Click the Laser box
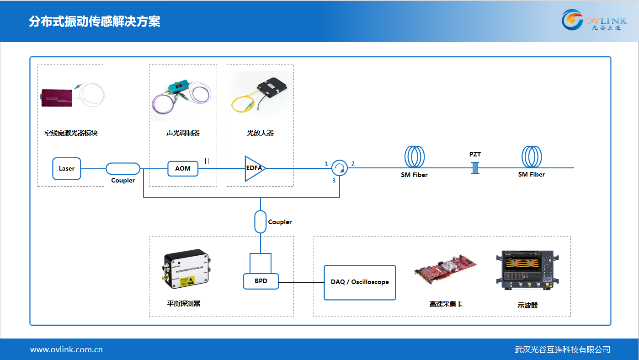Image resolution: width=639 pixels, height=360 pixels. [66, 168]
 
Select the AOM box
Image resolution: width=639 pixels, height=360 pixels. [183, 168]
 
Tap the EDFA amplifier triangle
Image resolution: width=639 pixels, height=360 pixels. [254, 168]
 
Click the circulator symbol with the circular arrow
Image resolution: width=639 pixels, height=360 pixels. [340, 168]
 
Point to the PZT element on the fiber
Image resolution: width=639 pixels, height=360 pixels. [475, 167]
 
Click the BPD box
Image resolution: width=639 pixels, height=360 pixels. [261, 281]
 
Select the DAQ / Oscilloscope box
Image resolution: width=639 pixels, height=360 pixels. [360, 282]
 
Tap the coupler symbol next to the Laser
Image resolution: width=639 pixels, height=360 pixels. [123, 168]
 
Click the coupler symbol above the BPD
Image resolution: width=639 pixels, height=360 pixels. [260, 222]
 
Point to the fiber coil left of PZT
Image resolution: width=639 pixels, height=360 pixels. [414, 157]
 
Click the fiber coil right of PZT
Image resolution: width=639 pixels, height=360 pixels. [532, 157]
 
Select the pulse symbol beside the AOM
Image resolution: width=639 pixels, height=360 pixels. [207, 161]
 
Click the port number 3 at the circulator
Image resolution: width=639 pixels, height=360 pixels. [334, 181]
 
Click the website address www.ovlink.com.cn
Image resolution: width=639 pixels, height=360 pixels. [66, 350]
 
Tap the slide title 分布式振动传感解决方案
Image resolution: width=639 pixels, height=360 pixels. [94, 21]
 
